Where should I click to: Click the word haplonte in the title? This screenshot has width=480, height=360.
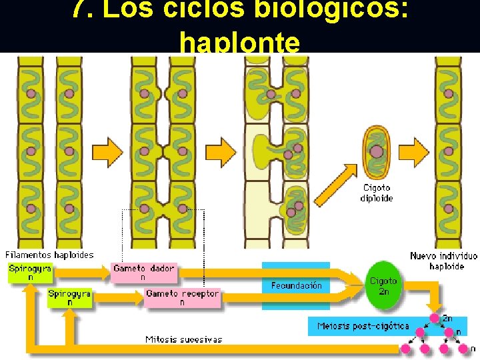[x=239, y=42]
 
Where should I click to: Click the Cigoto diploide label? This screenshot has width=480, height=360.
[x=377, y=193]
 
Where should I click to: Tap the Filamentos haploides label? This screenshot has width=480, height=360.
[x=49, y=254]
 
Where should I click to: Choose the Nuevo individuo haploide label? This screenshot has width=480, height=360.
[x=443, y=261]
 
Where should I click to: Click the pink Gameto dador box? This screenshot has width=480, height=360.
[x=144, y=272]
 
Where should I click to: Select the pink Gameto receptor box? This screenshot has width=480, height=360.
[x=182, y=297]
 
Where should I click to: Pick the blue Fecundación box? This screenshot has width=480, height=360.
[x=297, y=285]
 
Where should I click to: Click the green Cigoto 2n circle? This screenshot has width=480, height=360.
[x=383, y=285]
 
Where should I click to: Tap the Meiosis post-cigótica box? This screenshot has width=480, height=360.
[x=364, y=326]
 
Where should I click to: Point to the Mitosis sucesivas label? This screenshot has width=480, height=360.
[x=183, y=339]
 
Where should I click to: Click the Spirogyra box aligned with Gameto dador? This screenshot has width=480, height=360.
[x=30, y=273]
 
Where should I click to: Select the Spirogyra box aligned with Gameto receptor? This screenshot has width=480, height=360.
[x=69, y=297]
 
